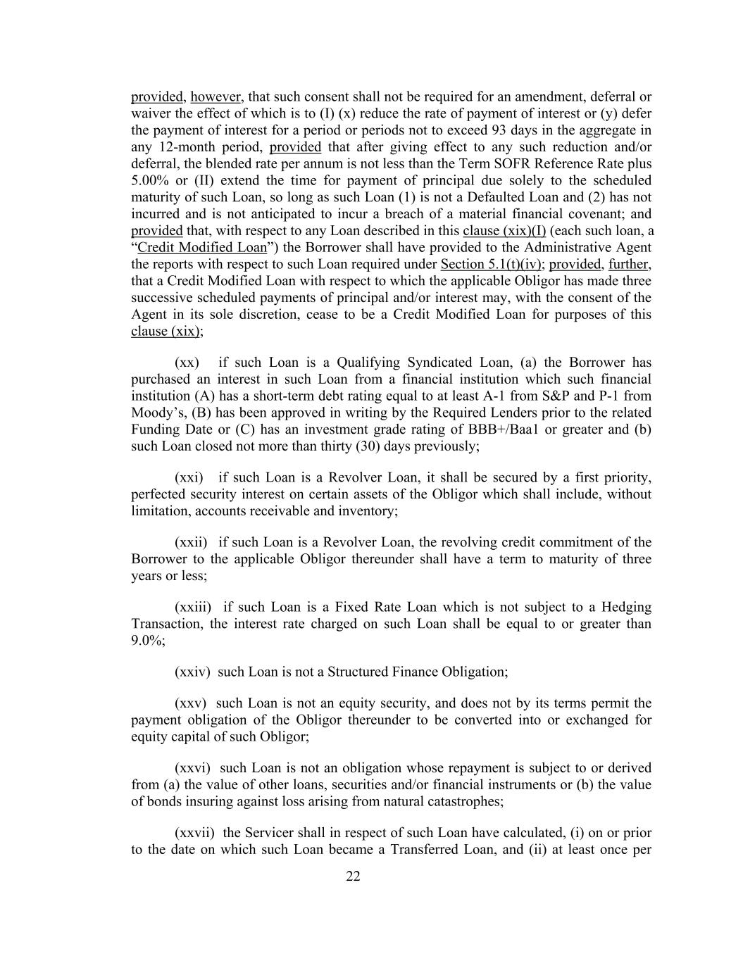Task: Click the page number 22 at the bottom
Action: tap(353, 877)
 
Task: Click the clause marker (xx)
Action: tap(187, 363)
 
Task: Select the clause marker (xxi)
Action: tap(188, 477)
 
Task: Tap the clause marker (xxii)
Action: tap(190, 542)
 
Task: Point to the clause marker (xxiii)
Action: tap(192, 607)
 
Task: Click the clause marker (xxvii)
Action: tap(194, 833)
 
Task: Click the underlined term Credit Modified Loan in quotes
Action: tap(202, 248)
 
